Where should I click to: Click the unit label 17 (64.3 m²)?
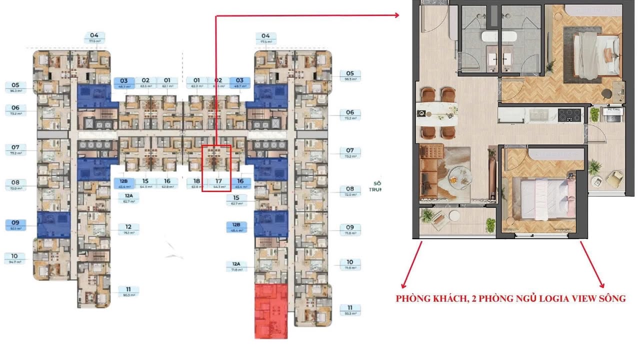point(218,183)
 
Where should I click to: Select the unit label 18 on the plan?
point(196,183)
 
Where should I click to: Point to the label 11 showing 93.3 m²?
point(350,310)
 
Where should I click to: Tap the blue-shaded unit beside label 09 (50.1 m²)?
point(53,224)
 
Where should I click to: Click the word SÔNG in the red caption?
point(612,299)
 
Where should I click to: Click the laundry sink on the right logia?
point(612,115)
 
